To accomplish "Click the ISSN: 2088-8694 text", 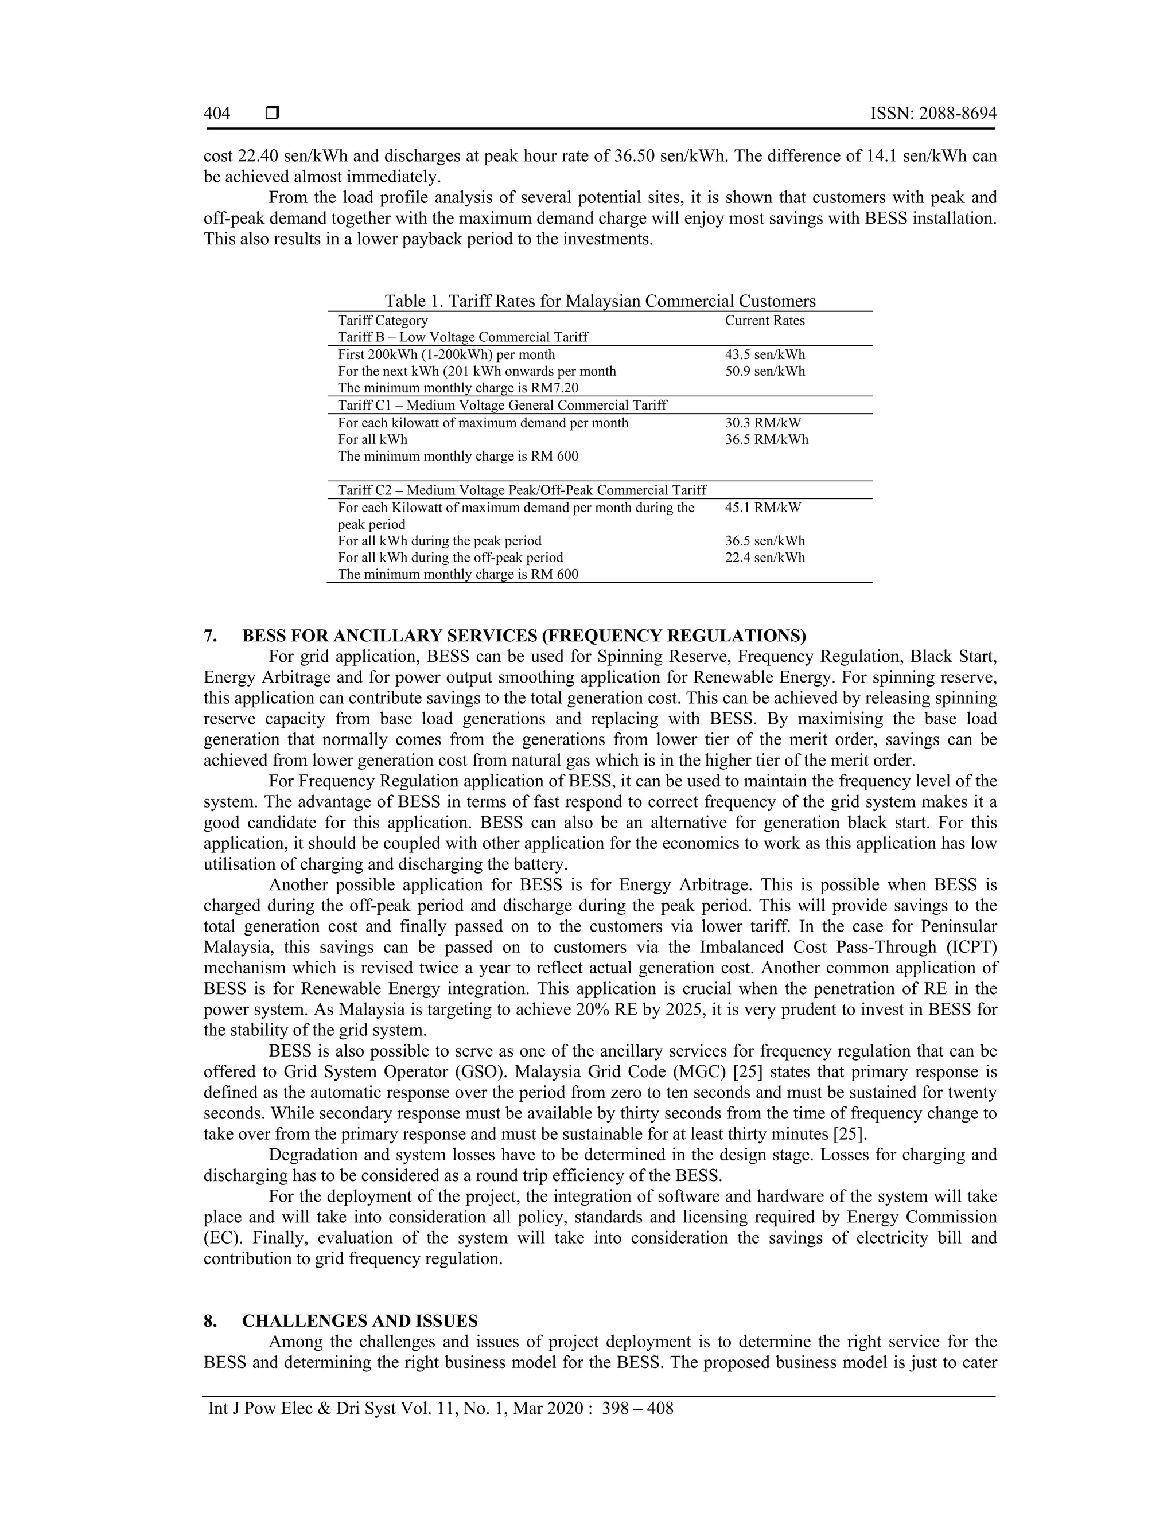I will (x=933, y=114).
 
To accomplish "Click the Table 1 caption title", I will (x=600, y=301).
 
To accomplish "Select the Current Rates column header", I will (x=764, y=320).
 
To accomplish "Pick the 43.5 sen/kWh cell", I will (x=764, y=354).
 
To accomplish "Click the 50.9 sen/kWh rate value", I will (x=764, y=371).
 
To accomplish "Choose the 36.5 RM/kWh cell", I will (x=767, y=439).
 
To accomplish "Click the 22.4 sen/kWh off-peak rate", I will (x=764, y=558).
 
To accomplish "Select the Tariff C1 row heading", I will (x=502, y=405).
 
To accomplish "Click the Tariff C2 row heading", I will (x=522, y=490).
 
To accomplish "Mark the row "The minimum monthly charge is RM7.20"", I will (x=458, y=388).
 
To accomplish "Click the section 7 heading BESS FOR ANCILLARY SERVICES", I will (x=523, y=636).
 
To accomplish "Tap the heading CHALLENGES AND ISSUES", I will (x=359, y=1321).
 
